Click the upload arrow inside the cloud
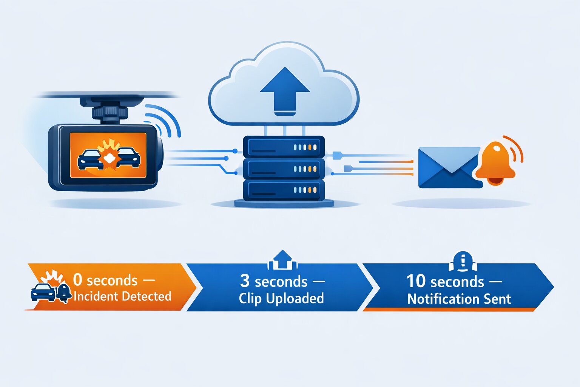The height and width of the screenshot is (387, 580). [x=285, y=91]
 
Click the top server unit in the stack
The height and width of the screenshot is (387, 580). [x=284, y=147]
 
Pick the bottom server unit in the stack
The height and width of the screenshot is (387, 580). [x=284, y=190]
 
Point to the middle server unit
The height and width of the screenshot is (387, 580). [x=284, y=169]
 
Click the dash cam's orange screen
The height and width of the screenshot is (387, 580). [x=108, y=155]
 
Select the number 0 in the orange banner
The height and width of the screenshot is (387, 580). [x=77, y=280]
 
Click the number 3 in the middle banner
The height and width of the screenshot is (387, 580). [x=245, y=281]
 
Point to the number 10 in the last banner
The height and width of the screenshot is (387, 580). [x=415, y=281]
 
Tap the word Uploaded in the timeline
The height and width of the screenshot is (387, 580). [x=295, y=299]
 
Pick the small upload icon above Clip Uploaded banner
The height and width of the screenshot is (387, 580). [x=282, y=260]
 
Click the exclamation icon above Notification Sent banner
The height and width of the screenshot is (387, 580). [x=463, y=261]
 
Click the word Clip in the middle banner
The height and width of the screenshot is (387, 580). [x=250, y=299]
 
